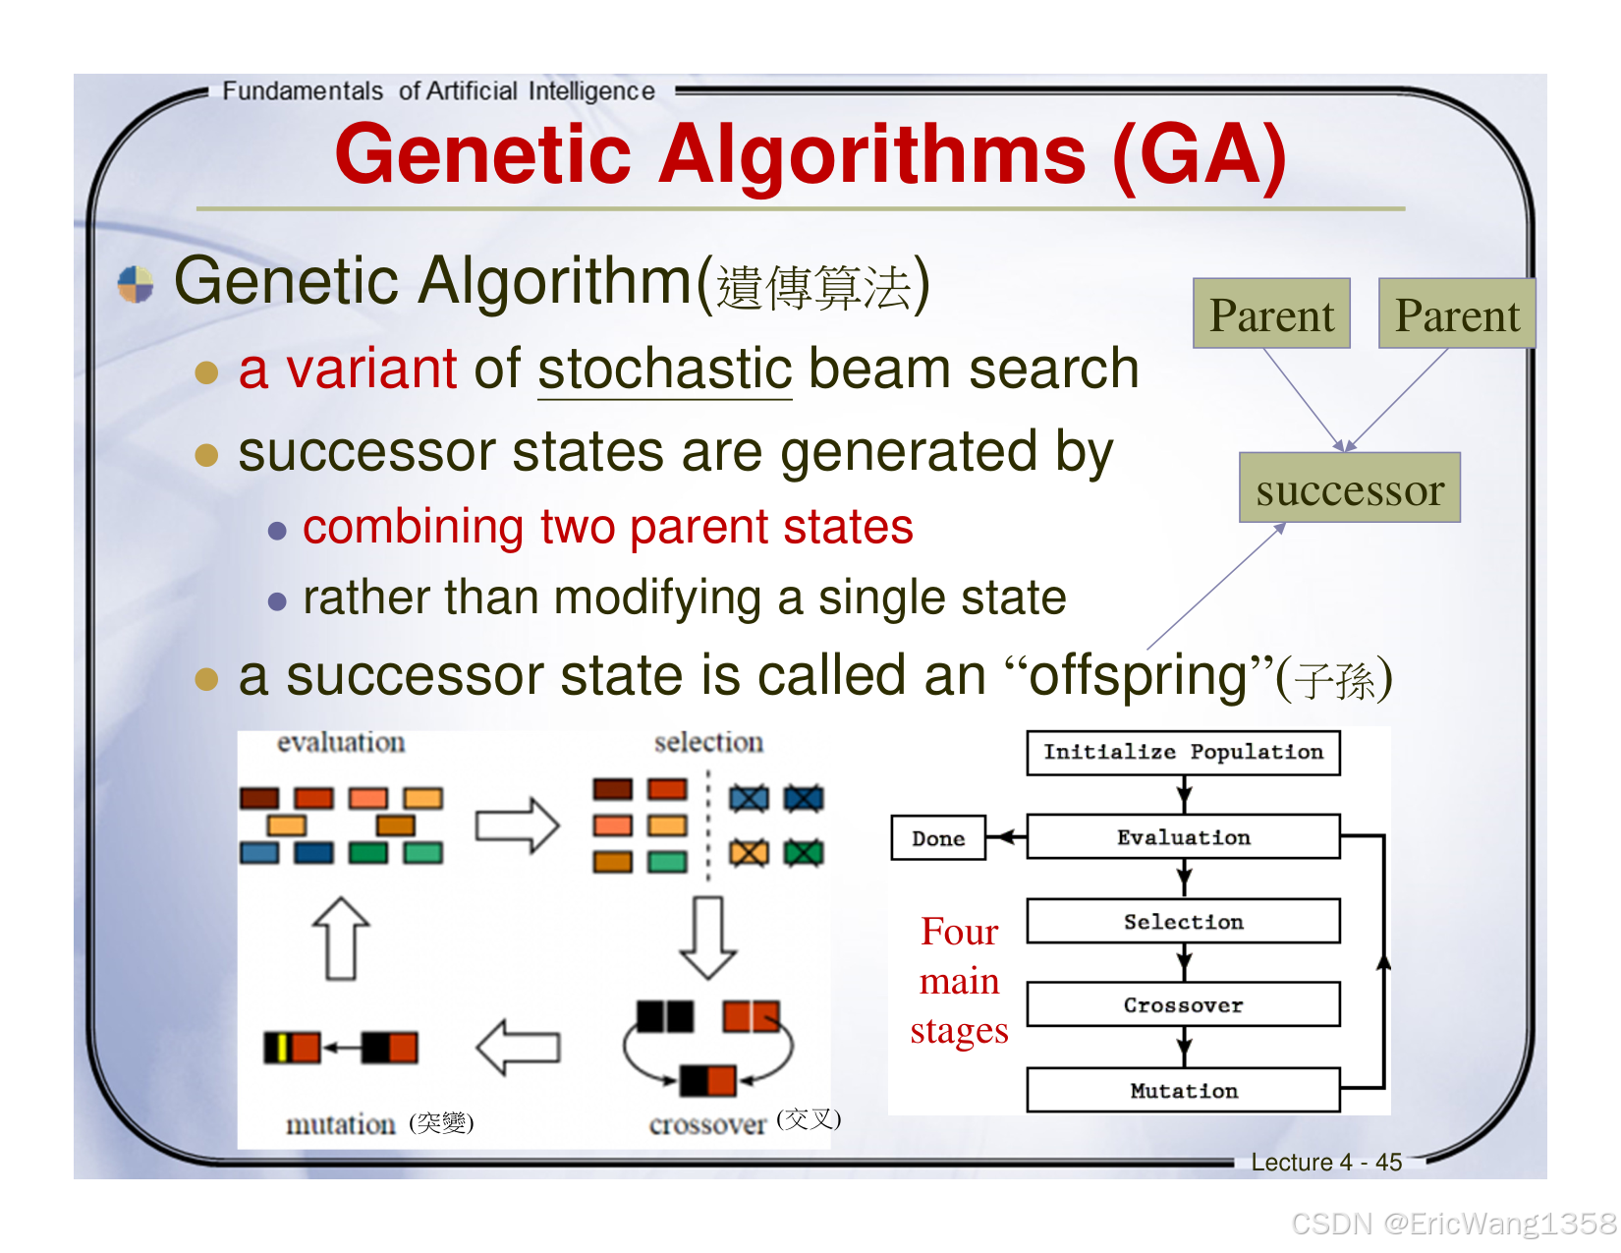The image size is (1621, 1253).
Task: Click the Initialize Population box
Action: tap(1183, 753)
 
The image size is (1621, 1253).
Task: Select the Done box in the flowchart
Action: tap(938, 838)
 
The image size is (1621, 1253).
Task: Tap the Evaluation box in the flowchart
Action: tap(1183, 837)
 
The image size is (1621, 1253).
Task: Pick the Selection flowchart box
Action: tap(1183, 922)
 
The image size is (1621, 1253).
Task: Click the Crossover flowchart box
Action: tap(1183, 1005)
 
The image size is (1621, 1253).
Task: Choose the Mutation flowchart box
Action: tap(1183, 1091)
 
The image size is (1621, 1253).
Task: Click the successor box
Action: tap(1350, 488)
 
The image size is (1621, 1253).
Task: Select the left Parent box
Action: tap(1271, 314)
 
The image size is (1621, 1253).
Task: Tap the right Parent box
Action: tap(1457, 314)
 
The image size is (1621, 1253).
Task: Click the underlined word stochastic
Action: tap(664, 370)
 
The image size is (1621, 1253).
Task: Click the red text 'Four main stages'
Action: tap(959, 981)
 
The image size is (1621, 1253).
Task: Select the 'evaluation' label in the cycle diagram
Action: tap(340, 743)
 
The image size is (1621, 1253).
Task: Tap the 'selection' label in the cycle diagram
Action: tap(708, 743)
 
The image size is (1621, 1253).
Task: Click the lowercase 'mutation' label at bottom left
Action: tap(340, 1123)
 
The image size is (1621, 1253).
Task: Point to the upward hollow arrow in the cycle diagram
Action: tap(341, 938)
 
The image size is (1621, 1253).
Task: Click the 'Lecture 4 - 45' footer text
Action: tap(1325, 1163)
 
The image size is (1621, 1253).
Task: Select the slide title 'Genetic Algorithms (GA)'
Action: tap(810, 154)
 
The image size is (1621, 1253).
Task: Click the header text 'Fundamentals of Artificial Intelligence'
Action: tap(438, 91)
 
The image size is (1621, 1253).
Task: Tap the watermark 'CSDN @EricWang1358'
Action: tap(1453, 1224)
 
